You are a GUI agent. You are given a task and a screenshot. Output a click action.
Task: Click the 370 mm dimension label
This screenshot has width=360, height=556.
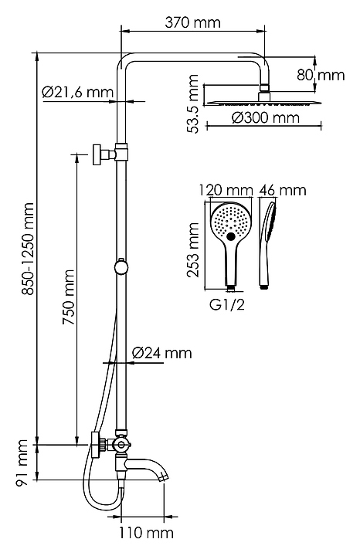(x=192, y=22)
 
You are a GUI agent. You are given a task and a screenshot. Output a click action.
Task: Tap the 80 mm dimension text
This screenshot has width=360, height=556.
(x=321, y=75)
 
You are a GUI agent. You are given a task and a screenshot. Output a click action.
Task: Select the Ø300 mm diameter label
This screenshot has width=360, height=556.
(x=266, y=117)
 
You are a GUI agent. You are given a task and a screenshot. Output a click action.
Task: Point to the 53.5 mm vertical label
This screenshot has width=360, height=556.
(x=194, y=103)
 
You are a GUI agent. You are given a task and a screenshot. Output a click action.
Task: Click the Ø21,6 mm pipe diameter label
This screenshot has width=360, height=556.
(x=78, y=92)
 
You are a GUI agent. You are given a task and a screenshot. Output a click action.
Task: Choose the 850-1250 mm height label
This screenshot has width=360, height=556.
(x=27, y=249)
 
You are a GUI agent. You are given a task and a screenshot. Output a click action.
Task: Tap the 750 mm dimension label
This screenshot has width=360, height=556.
(x=69, y=297)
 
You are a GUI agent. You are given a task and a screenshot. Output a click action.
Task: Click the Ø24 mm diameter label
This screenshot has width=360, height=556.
(x=161, y=353)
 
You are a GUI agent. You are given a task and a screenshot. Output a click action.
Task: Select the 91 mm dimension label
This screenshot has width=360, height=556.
(x=22, y=463)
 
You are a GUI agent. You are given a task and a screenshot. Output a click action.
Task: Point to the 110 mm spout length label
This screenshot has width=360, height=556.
(x=146, y=533)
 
